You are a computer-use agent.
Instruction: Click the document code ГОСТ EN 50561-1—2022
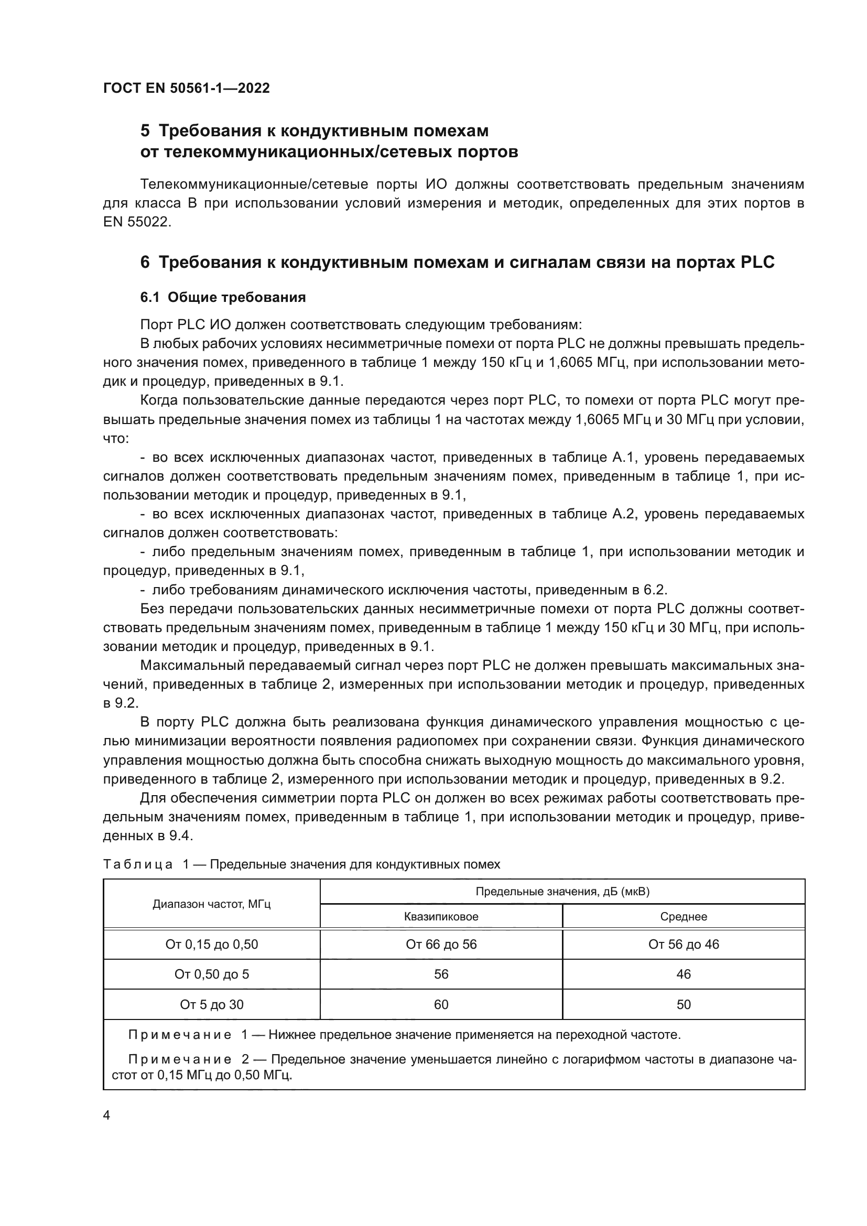(x=186, y=88)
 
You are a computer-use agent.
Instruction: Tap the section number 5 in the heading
(x=145, y=131)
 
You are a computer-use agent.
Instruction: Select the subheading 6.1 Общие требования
(x=223, y=297)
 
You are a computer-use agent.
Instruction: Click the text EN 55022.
(x=136, y=222)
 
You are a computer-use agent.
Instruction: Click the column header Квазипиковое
(x=441, y=917)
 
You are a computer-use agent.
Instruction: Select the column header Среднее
(x=684, y=917)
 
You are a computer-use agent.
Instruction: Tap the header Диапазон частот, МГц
(x=211, y=904)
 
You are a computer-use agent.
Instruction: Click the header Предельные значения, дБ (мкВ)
(x=562, y=891)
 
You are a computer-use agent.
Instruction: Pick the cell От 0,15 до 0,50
(x=211, y=945)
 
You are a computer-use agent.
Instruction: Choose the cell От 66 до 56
(x=441, y=945)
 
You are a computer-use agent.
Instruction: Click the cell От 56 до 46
(x=684, y=945)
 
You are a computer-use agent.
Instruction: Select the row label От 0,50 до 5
(x=211, y=974)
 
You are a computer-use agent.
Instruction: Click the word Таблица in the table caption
(x=137, y=864)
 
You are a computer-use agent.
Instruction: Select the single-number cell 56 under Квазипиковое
(x=441, y=974)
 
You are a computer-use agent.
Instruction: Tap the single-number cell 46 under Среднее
(x=684, y=974)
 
